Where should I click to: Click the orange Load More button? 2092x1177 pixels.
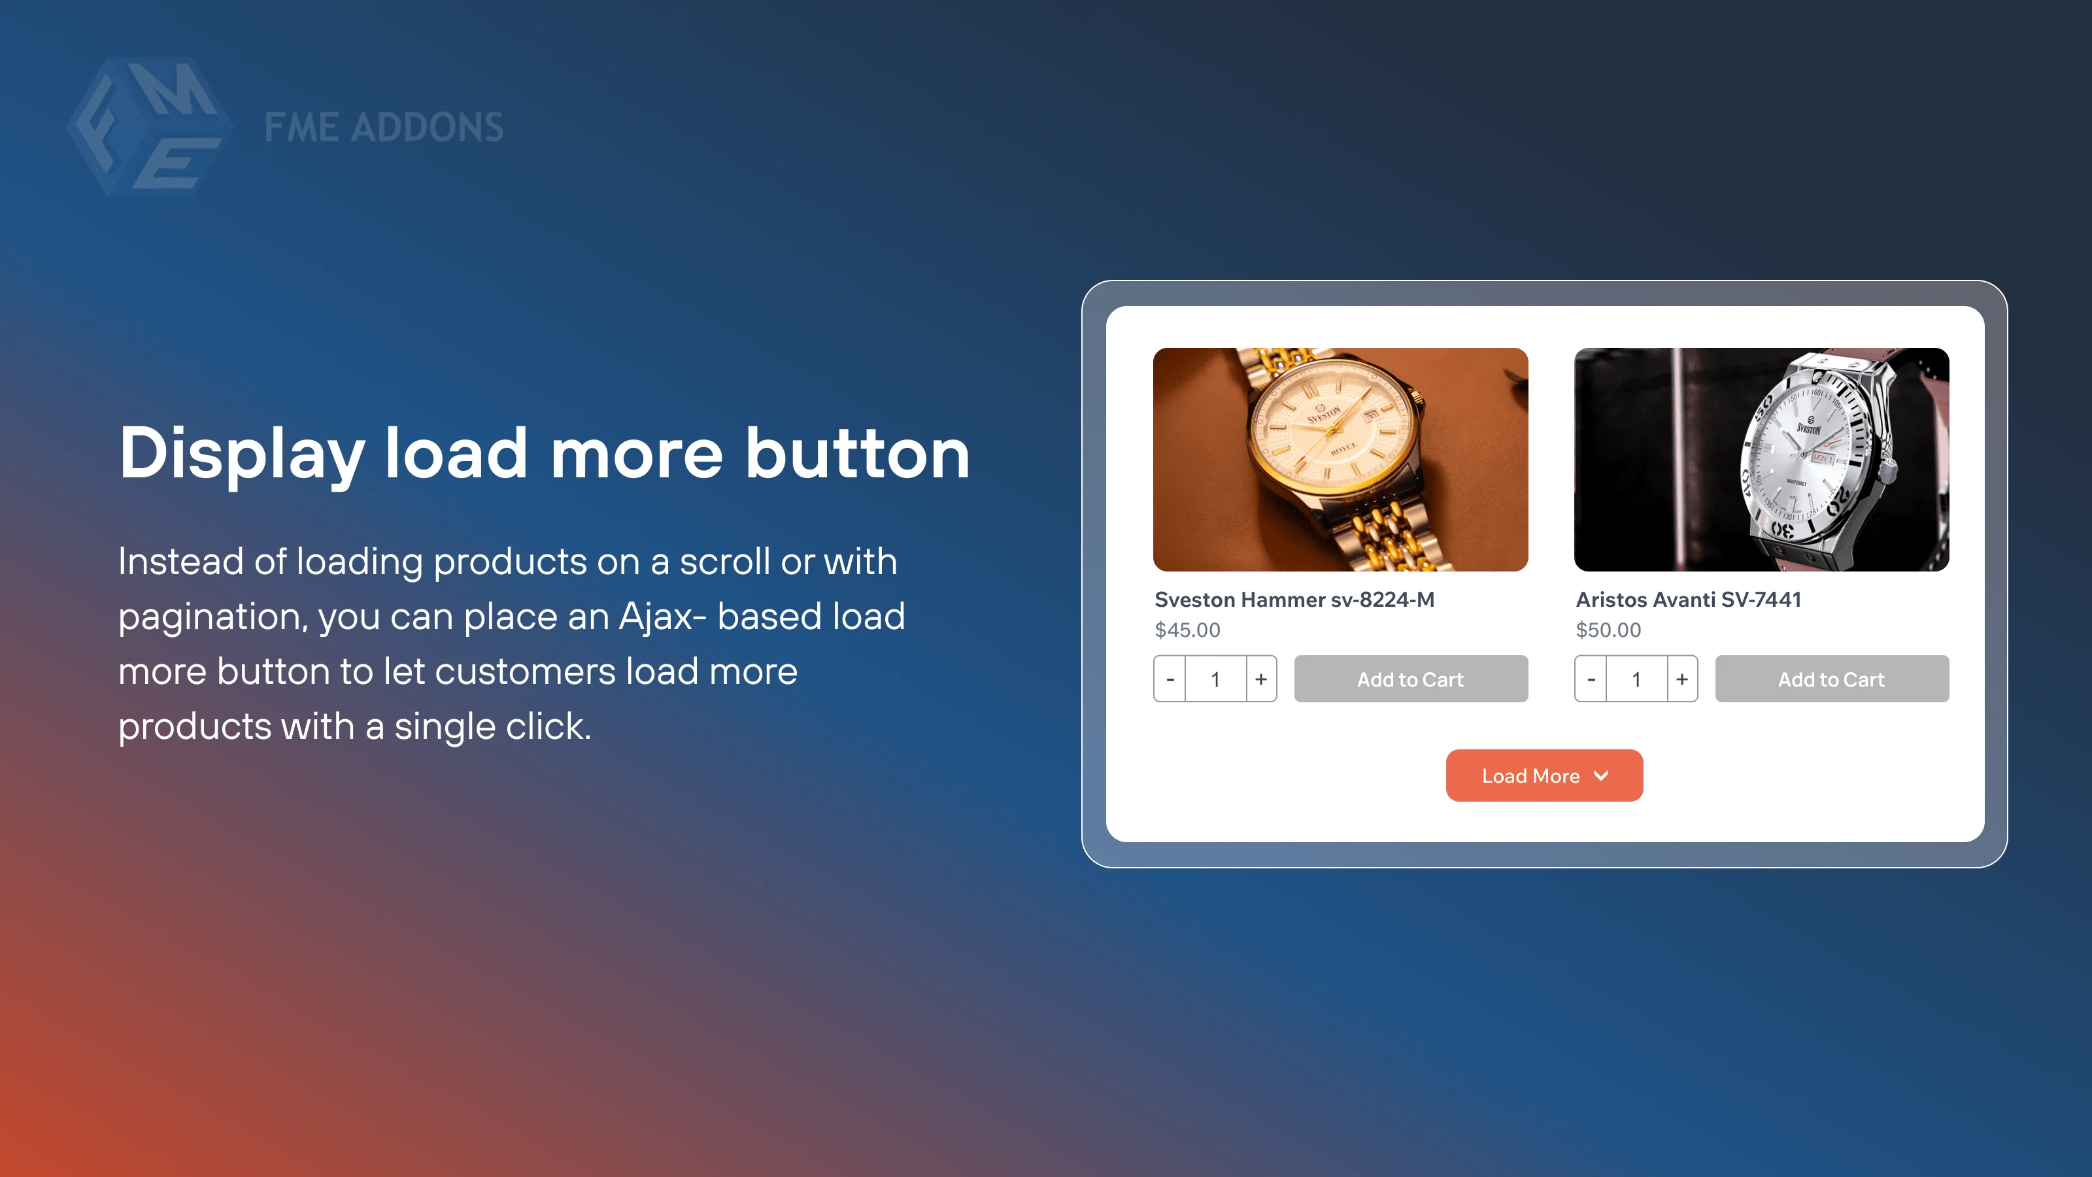pyautogui.click(x=1544, y=775)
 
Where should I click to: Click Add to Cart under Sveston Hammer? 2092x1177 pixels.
pyautogui.click(x=1411, y=679)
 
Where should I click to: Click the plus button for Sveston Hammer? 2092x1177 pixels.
pyautogui.click(x=1261, y=679)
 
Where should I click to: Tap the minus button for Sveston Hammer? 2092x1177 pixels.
pyautogui.click(x=1170, y=679)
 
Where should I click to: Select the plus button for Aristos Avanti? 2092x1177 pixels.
pyautogui.click(x=1682, y=679)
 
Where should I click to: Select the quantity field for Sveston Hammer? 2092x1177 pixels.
pyautogui.click(x=1216, y=679)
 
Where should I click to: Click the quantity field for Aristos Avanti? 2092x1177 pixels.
pyautogui.click(x=1636, y=679)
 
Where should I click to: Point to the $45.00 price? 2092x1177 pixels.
pyautogui.click(x=1187, y=630)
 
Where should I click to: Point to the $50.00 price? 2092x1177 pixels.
pyautogui.click(x=1608, y=630)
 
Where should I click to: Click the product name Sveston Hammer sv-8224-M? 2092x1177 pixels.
pyautogui.click(x=1294, y=600)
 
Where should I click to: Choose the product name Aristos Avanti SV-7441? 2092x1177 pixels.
pyautogui.click(x=1689, y=600)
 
